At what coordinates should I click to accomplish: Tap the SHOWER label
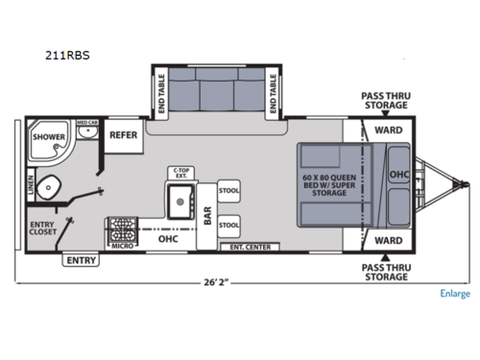[x=49, y=137]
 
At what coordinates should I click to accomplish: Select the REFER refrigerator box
[x=125, y=136]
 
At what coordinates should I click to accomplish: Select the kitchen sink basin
[x=179, y=203]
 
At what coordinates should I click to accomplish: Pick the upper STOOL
[x=228, y=190]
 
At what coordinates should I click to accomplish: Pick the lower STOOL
[x=228, y=226]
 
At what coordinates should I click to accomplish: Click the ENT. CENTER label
[x=249, y=248]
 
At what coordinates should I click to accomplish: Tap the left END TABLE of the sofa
[x=161, y=93]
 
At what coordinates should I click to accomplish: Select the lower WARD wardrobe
[x=387, y=240]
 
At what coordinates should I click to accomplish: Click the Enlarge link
[x=455, y=294]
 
